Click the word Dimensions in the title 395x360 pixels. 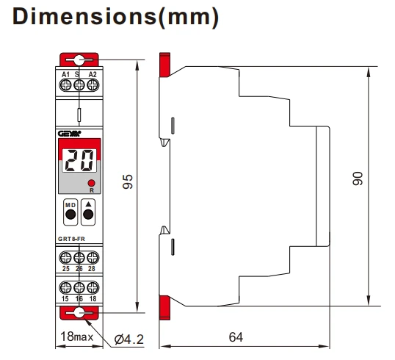click(84, 16)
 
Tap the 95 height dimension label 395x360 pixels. click(128, 181)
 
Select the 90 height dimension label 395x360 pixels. click(358, 179)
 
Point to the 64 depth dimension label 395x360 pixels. click(236, 337)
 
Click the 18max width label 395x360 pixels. click(77, 336)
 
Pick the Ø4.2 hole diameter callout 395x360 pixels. click(129, 339)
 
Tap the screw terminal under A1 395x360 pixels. click(65, 84)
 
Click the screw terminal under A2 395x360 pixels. click(93, 84)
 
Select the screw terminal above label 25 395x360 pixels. click(65, 258)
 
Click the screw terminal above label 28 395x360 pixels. click(93, 258)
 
